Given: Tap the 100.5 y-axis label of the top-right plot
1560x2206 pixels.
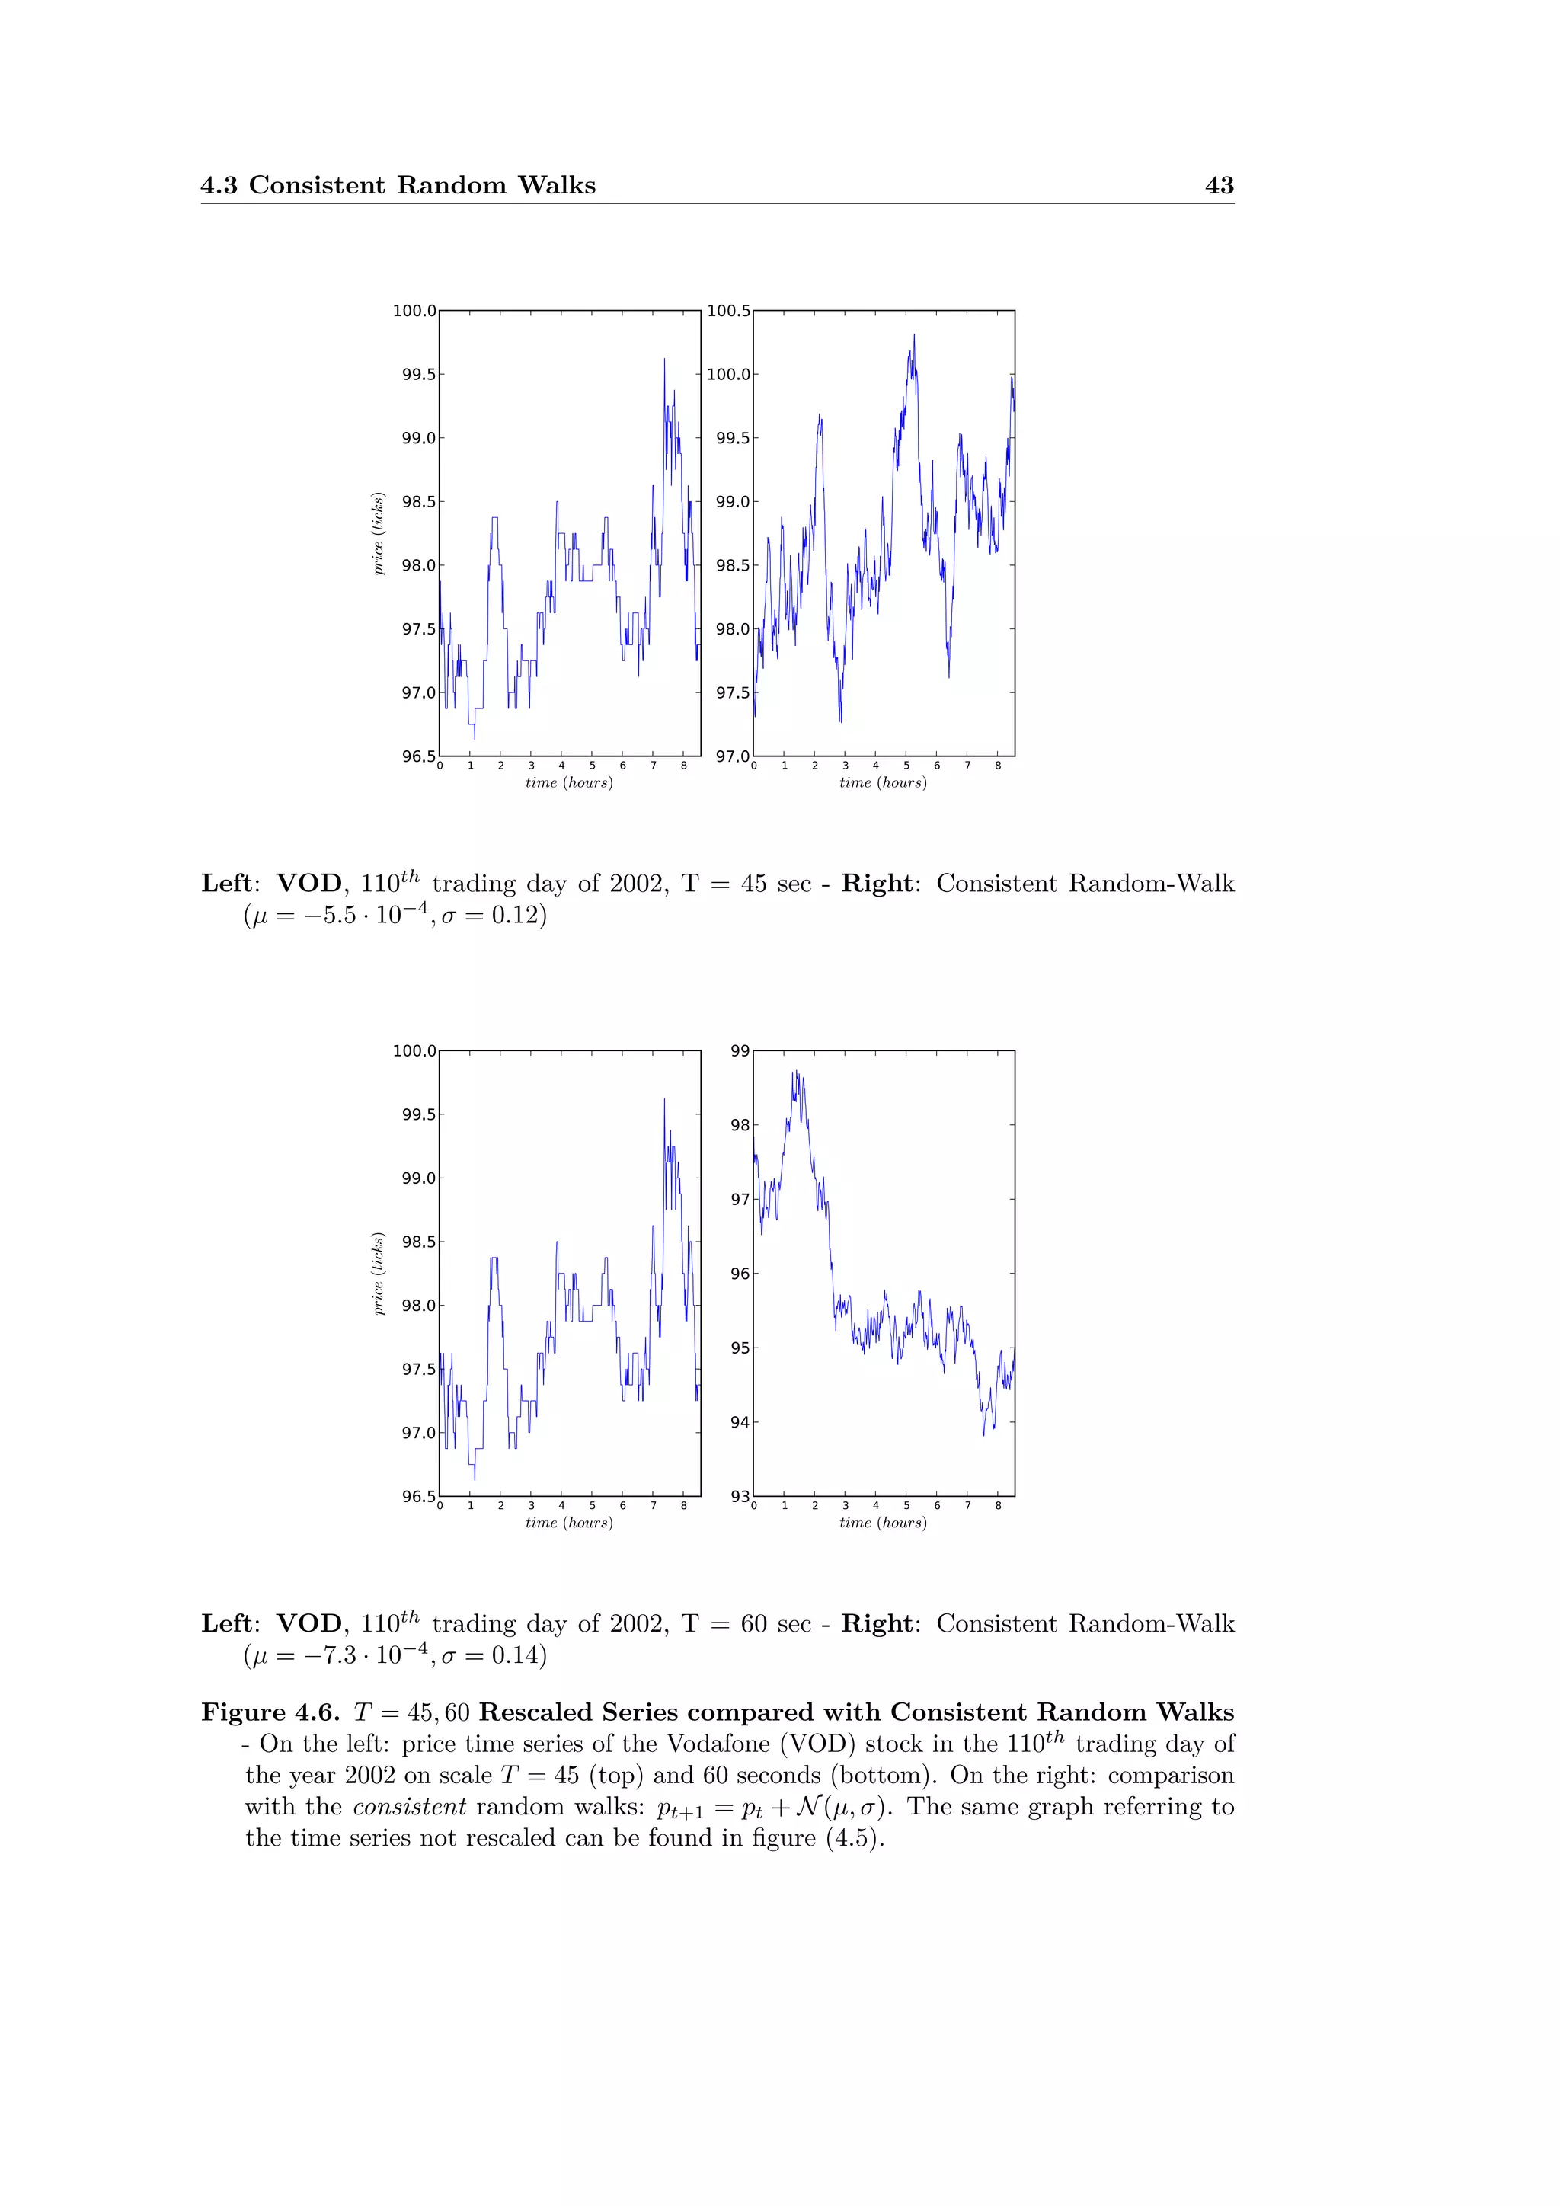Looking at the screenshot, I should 728,310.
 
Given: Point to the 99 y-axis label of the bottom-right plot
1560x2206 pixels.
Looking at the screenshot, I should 740,1050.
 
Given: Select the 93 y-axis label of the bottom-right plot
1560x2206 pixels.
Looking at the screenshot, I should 740,1496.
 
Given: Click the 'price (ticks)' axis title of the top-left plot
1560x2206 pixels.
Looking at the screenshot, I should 379,533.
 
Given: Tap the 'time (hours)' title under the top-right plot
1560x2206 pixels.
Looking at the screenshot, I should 883,783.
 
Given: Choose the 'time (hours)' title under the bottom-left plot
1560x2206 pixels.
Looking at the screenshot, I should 569,1523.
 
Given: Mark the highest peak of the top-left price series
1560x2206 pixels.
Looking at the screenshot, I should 663,360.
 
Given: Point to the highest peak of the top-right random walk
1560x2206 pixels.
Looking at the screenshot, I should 913,335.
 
